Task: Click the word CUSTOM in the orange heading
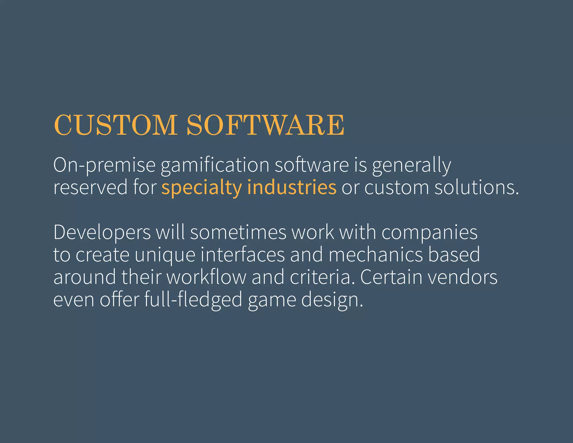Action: (x=115, y=125)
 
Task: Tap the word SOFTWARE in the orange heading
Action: (x=265, y=125)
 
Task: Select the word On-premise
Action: (x=104, y=165)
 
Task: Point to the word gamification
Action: (x=215, y=165)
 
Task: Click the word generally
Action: (x=411, y=165)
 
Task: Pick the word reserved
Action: (x=90, y=187)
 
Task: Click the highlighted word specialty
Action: (x=201, y=187)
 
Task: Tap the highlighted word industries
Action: (x=292, y=187)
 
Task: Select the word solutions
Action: (x=476, y=187)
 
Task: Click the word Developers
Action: (x=102, y=232)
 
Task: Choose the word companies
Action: (x=429, y=232)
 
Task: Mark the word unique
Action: (x=165, y=255)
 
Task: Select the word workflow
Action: (x=206, y=277)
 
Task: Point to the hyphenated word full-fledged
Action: (x=193, y=300)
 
